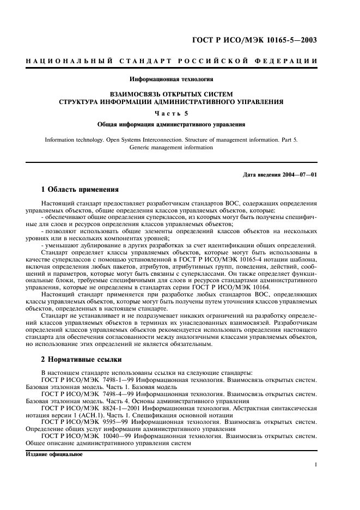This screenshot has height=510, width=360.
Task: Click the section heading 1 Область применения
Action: coord(80,190)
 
